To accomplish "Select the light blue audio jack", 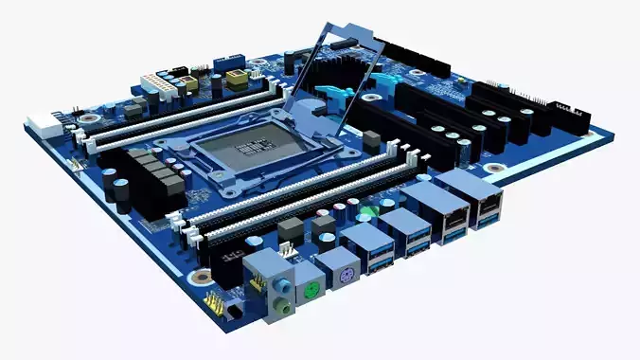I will [x=281, y=283].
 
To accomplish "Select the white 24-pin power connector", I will [x=157, y=86].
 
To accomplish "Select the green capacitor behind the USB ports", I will [x=369, y=210].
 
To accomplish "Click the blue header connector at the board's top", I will [x=230, y=63].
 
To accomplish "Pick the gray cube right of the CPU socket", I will [x=371, y=139].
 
